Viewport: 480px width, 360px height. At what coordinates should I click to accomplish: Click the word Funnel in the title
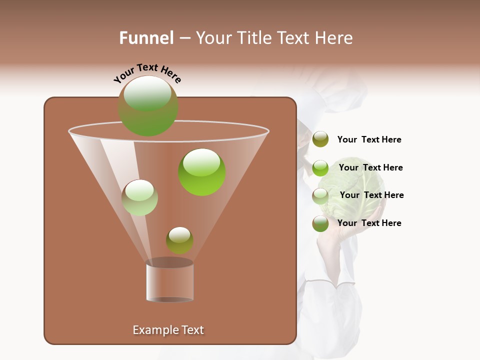coord(146,38)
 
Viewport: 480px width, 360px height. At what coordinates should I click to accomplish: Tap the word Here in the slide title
coord(334,38)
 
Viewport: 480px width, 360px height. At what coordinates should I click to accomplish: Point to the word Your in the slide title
coord(213,38)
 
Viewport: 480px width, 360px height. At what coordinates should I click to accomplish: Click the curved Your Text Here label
coord(147,73)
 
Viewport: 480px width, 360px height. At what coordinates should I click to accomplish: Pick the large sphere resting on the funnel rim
coord(148,106)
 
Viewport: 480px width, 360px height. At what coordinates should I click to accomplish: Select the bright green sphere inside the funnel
coord(201,172)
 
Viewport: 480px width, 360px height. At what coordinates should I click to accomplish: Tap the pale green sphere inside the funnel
coord(139,197)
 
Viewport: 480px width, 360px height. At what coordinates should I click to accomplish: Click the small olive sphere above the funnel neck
coord(179,240)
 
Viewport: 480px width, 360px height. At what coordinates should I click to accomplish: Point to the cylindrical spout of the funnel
coord(169,282)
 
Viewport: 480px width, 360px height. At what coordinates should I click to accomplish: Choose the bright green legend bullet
coord(320,168)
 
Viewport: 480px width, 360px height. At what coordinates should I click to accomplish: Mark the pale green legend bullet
coord(320,196)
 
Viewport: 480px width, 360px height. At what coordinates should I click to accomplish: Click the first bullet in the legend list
coord(320,139)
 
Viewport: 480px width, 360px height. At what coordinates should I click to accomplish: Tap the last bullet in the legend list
coord(320,223)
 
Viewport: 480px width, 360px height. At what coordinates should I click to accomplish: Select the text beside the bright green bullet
coord(370,167)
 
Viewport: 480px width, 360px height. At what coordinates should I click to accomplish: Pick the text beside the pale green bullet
coord(371,195)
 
